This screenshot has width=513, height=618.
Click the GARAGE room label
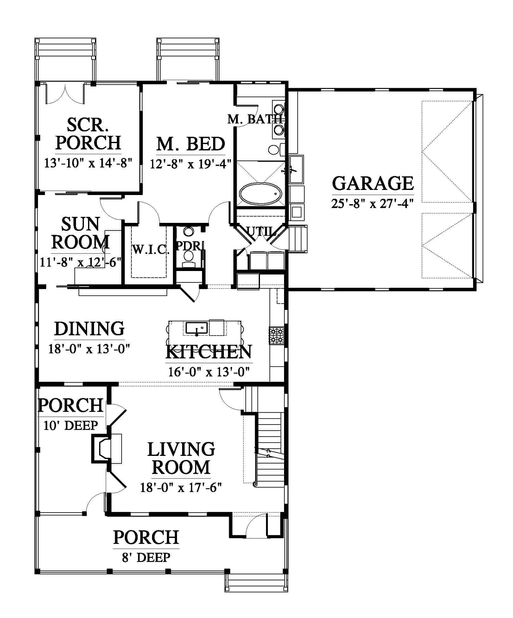(x=373, y=183)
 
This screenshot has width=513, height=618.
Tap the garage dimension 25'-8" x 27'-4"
(x=373, y=203)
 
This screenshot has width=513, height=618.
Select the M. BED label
(x=191, y=144)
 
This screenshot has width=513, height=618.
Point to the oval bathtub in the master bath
(x=260, y=194)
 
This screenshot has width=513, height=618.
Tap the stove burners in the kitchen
(x=276, y=336)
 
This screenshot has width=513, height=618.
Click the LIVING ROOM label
(x=181, y=458)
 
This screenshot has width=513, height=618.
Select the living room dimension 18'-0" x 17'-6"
(x=181, y=488)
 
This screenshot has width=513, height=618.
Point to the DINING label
(x=89, y=329)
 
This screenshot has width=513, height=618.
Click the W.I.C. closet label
(x=151, y=250)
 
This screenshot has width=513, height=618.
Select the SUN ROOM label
(x=81, y=233)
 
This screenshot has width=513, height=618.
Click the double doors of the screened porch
(x=65, y=94)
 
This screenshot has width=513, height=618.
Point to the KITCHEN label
(x=209, y=351)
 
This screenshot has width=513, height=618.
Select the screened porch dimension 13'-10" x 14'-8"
(x=88, y=163)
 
